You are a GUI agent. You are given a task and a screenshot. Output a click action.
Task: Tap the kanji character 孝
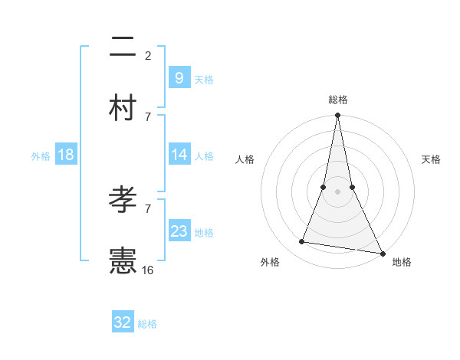click(x=123, y=201)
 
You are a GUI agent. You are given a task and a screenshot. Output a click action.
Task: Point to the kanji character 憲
click(x=123, y=261)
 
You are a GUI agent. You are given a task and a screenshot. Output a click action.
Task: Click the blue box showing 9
click(x=179, y=78)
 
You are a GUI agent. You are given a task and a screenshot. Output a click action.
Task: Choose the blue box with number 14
click(x=179, y=155)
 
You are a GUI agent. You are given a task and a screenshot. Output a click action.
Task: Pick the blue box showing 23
click(x=179, y=231)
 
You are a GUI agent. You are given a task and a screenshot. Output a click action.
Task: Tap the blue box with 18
click(x=66, y=155)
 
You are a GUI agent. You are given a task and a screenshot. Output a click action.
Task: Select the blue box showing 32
click(x=123, y=322)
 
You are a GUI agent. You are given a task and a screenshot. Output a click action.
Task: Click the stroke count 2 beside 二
click(x=148, y=55)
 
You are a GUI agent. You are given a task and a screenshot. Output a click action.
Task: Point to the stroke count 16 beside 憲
click(x=148, y=270)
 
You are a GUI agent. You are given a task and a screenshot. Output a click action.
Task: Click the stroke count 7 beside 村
click(x=148, y=116)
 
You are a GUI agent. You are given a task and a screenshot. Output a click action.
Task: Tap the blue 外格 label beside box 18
click(x=41, y=155)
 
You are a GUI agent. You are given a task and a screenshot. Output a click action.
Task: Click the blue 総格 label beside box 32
click(x=147, y=324)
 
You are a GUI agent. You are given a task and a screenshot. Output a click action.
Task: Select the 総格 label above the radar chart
click(x=337, y=100)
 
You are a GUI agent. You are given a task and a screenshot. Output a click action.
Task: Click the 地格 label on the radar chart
click(x=402, y=262)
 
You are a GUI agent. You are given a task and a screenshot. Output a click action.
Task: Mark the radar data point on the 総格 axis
click(x=337, y=116)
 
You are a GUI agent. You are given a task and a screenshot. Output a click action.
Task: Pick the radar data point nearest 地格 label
click(x=381, y=253)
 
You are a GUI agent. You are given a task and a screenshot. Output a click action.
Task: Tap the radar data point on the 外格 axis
click(x=302, y=242)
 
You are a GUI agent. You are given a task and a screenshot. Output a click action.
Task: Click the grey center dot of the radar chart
click(x=337, y=191)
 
